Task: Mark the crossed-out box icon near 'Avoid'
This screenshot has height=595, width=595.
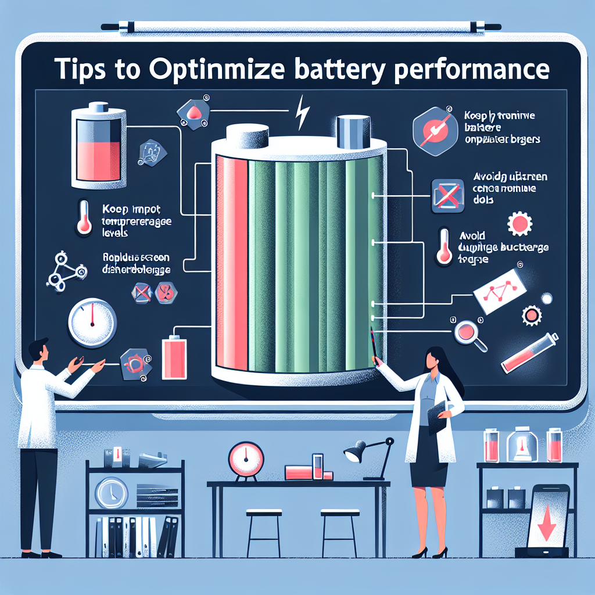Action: pos(447,195)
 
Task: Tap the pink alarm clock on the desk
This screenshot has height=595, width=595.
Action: pos(242,454)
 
